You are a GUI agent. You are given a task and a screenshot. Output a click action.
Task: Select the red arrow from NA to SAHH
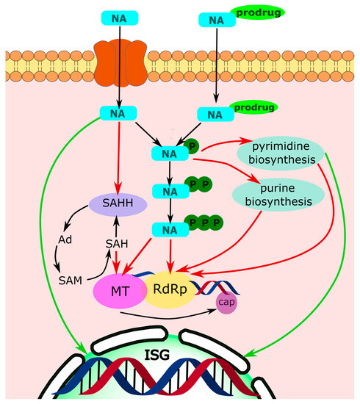[120, 158]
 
